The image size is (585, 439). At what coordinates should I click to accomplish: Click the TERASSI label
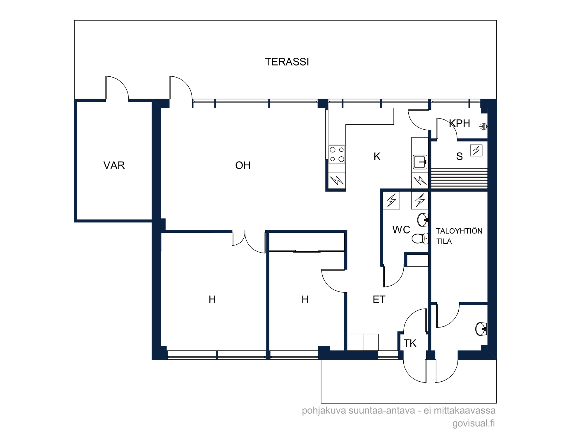[x=287, y=62]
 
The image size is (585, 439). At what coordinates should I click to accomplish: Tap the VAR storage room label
[x=114, y=165]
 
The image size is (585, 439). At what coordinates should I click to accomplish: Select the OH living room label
[x=243, y=165]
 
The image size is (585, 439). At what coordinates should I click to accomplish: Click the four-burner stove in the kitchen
[x=337, y=154]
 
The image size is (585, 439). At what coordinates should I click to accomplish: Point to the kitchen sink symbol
[x=420, y=162]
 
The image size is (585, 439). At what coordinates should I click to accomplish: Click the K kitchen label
[x=377, y=157]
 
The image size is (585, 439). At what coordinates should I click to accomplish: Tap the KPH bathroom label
[x=460, y=123]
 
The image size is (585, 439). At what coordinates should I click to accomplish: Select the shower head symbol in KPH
[x=483, y=126]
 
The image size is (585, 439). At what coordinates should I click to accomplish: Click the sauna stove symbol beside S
[x=476, y=150]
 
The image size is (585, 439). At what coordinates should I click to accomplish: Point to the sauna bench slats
[x=459, y=178]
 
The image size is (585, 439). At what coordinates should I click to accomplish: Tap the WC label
[x=401, y=230]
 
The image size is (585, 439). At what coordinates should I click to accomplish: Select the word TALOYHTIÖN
[x=459, y=231]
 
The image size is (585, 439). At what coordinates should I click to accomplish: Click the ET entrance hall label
[x=379, y=299]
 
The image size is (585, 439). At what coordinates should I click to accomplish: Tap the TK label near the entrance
[x=410, y=343]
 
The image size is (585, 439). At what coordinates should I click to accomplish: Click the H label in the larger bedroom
[x=212, y=299]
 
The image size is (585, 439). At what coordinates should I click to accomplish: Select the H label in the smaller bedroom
[x=305, y=299]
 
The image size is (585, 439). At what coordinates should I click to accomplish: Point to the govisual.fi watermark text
[x=474, y=423]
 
